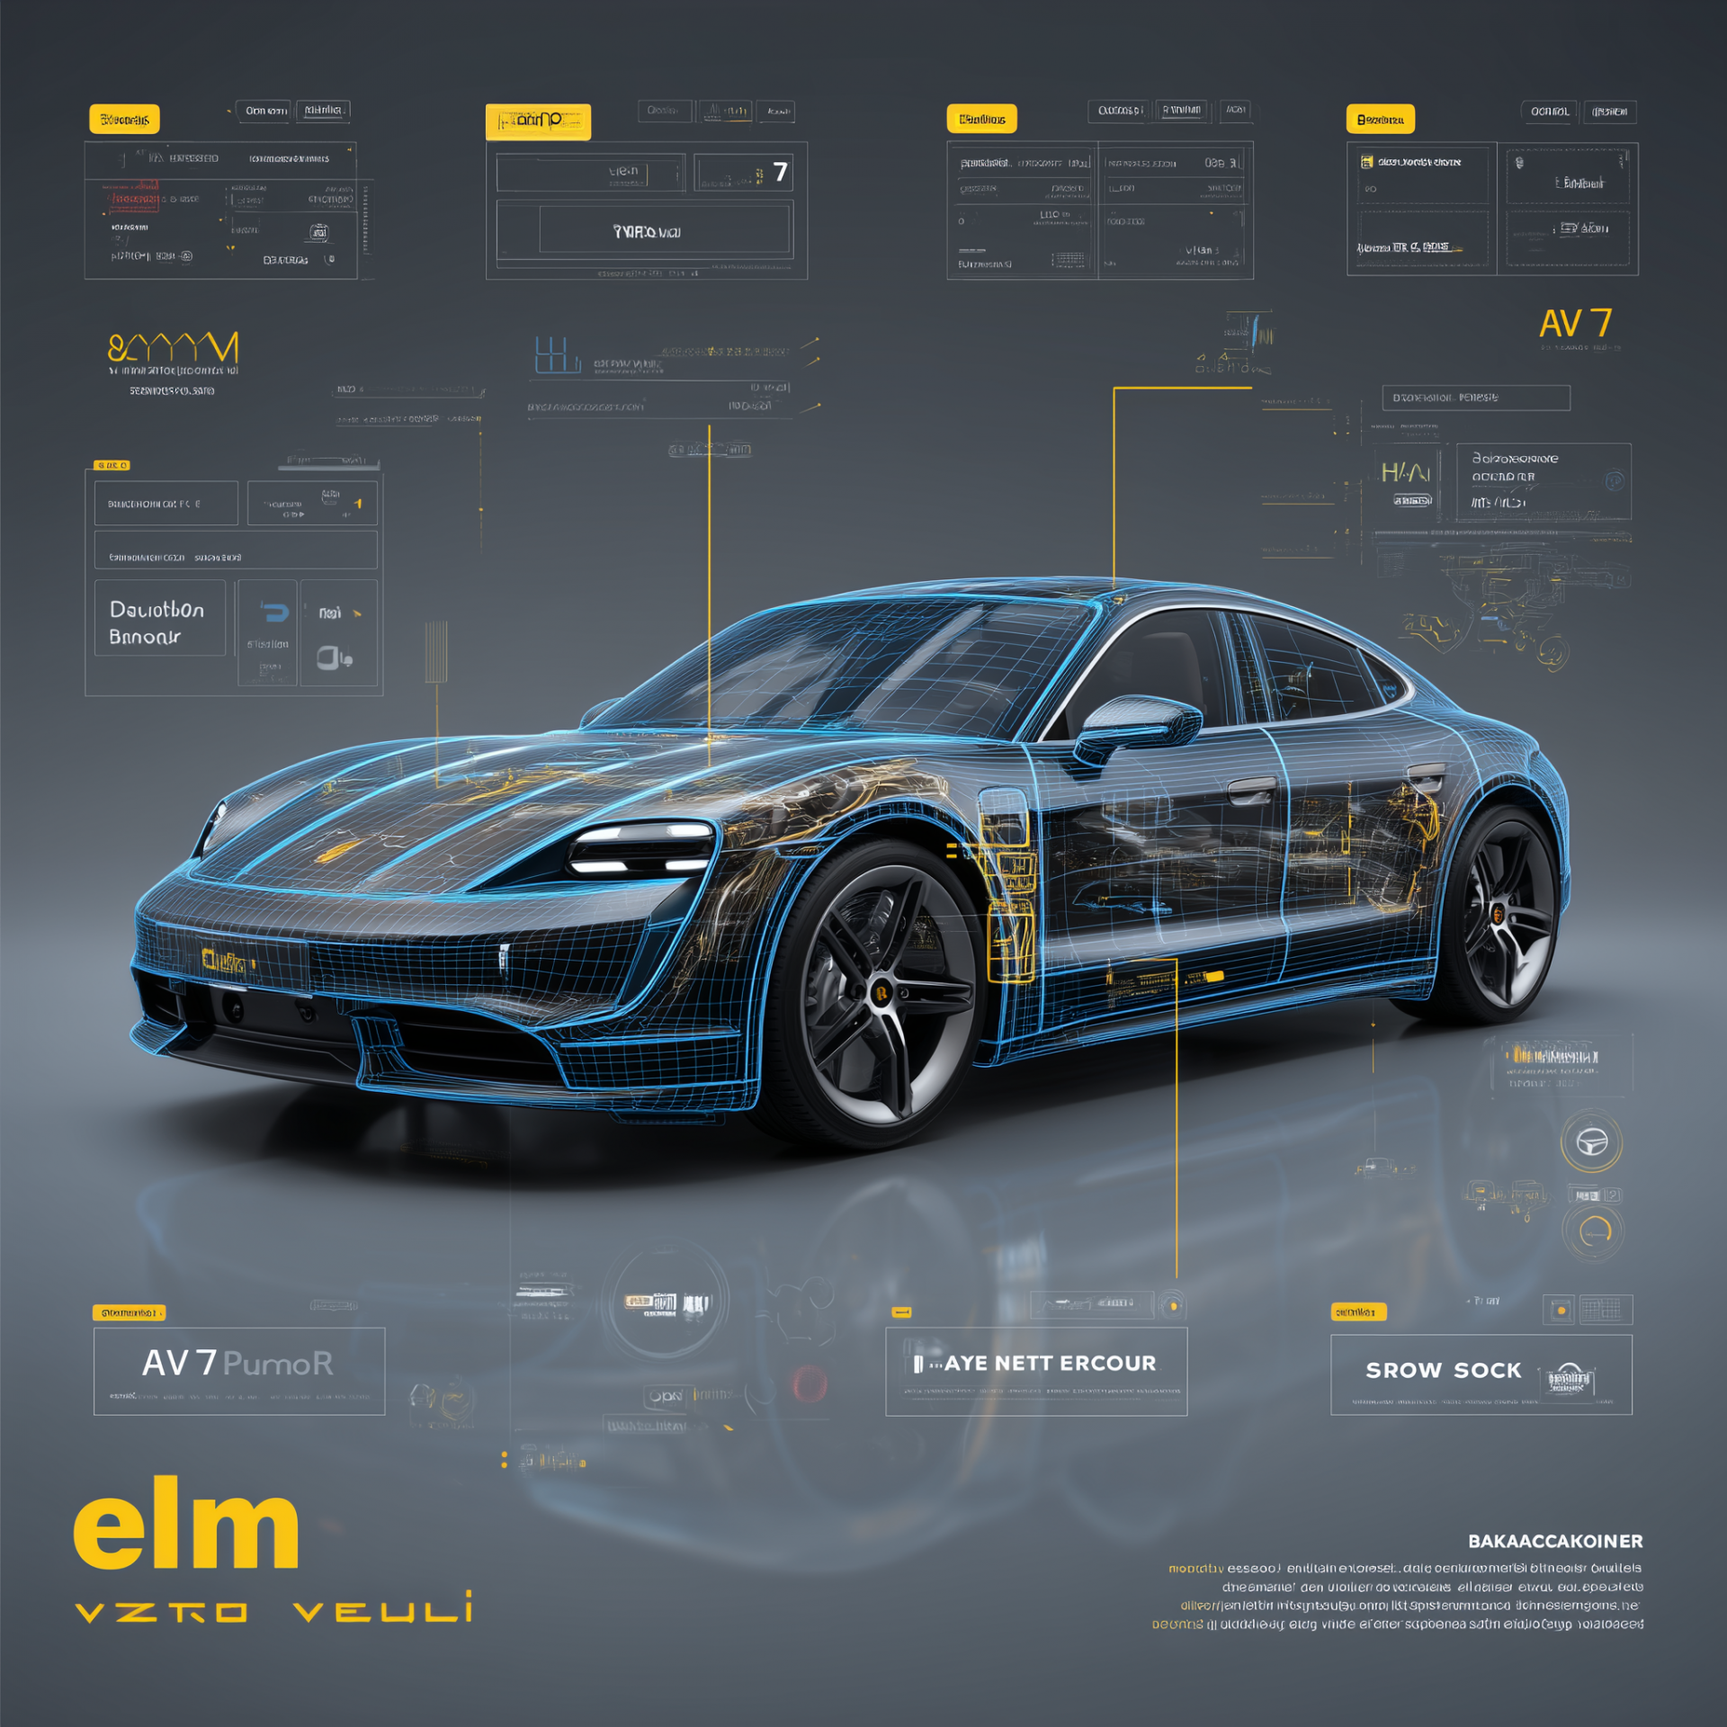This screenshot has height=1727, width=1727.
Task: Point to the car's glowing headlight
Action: pos(640,848)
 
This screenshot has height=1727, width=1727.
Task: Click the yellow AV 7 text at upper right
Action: pos(1575,324)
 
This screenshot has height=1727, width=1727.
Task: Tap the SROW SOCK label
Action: pos(1443,1370)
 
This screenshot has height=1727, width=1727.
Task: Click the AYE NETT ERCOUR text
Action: pos(1049,1364)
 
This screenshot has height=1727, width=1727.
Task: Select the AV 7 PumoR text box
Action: pos(238,1370)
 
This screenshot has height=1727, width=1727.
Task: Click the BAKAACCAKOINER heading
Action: pos(1555,1541)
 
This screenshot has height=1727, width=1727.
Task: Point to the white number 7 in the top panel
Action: pos(780,172)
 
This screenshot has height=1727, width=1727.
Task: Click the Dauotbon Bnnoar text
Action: pos(157,622)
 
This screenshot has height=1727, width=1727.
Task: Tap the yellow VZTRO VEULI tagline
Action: pos(274,1610)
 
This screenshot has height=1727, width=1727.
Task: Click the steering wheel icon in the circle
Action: pos(1591,1142)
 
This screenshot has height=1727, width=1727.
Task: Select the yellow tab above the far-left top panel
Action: pos(124,119)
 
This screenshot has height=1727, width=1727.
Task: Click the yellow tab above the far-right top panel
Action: pos(1380,119)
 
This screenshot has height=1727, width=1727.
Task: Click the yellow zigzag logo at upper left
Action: pos(173,347)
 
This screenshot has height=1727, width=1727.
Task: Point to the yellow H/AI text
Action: pos(1405,472)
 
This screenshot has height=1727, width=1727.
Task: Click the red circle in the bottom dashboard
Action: pos(809,1383)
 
